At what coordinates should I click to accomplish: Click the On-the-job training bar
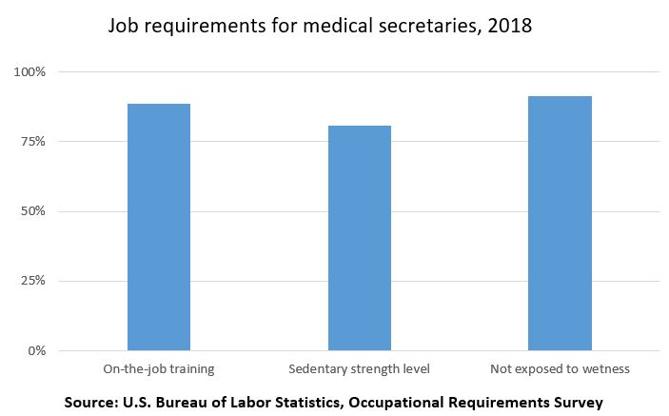point(159,227)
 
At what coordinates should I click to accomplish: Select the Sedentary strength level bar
point(360,238)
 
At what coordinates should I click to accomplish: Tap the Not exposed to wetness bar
point(561,223)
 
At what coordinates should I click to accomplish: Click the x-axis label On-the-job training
point(159,367)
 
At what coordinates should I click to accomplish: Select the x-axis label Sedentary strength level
point(360,367)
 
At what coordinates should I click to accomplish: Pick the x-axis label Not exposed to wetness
point(560,367)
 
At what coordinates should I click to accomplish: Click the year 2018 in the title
point(509,27)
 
